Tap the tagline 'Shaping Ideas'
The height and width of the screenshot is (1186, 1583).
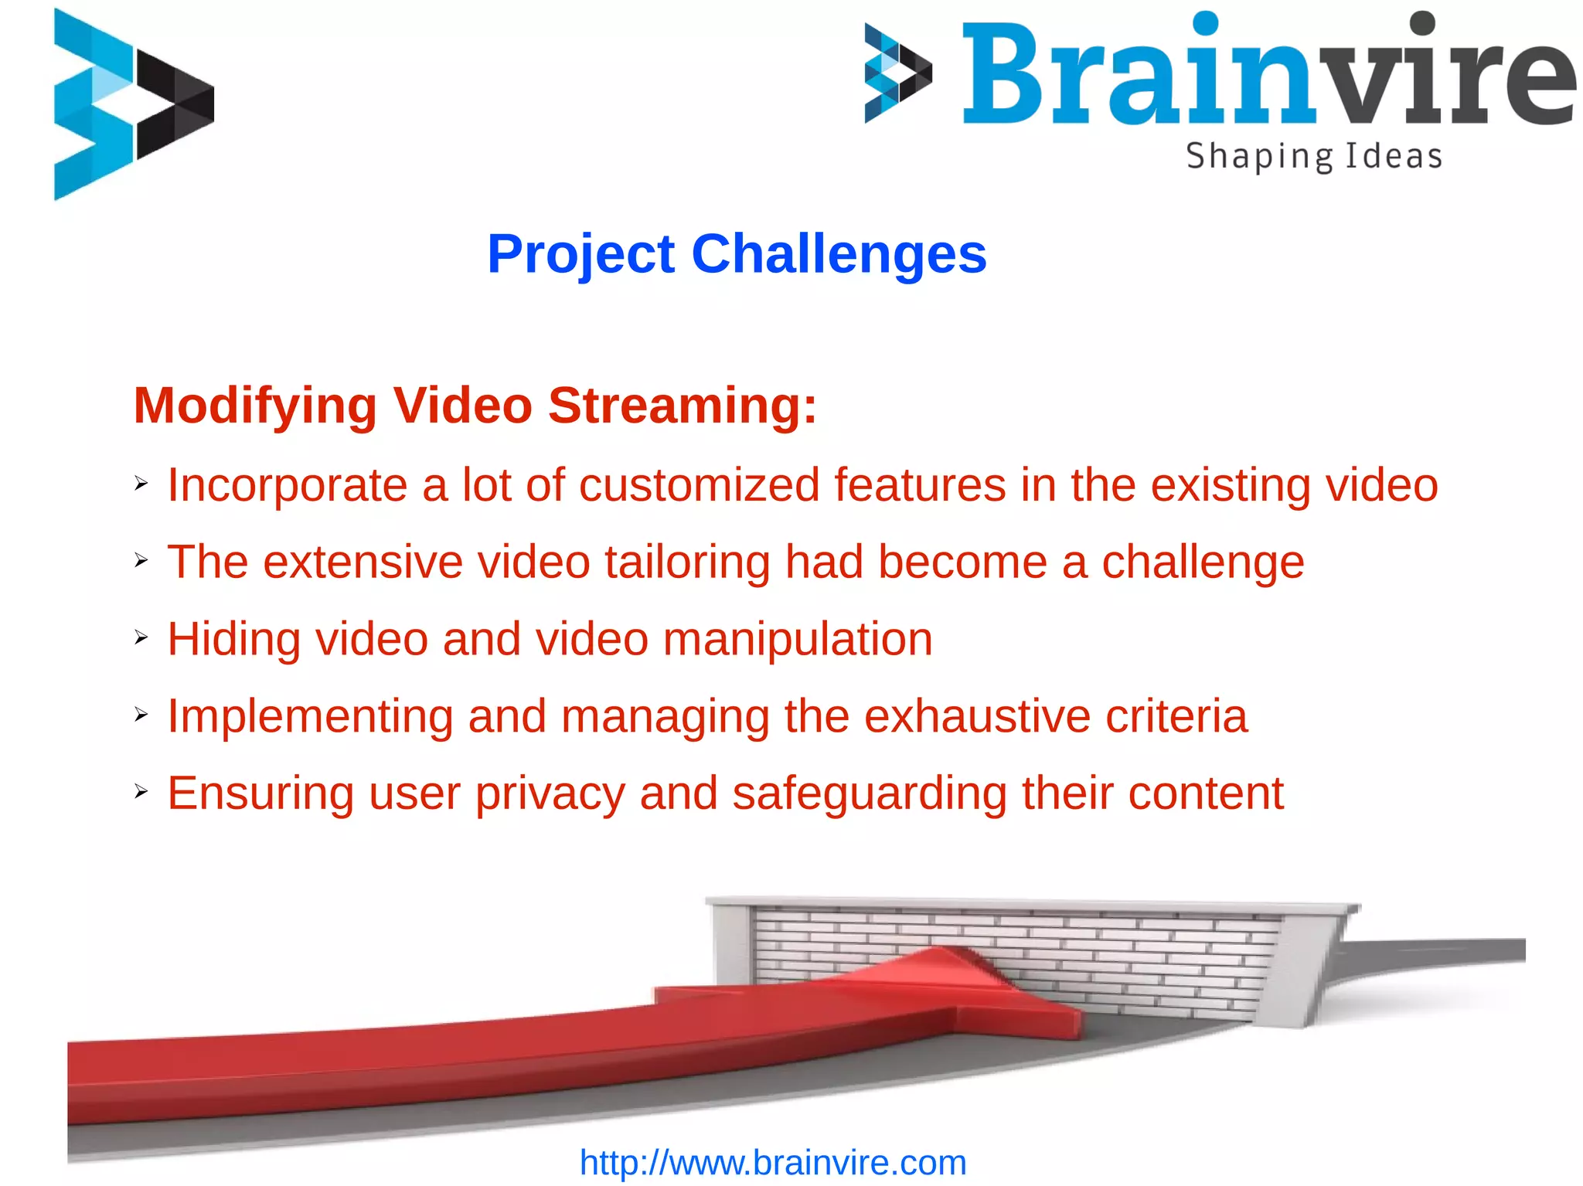(x=1314, y=157)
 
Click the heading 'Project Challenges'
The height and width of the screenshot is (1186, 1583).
(x=737, y=254)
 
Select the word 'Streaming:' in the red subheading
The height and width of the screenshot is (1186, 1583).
(x=682, y=406)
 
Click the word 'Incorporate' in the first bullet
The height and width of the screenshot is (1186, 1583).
(x=287, y=486)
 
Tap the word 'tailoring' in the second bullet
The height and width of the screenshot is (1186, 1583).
(x=687, y=562)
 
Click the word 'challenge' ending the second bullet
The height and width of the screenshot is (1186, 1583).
(x=1203, y=562)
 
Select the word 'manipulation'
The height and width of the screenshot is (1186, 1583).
(x=797, y=640)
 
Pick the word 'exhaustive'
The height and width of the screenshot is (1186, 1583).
(x=976, y=716)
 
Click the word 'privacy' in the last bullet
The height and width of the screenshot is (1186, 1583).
(x=550, y=794)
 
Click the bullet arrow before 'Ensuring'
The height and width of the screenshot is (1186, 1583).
(x=141, y=791)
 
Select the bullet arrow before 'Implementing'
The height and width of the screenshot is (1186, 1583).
(x=141, y=714)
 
